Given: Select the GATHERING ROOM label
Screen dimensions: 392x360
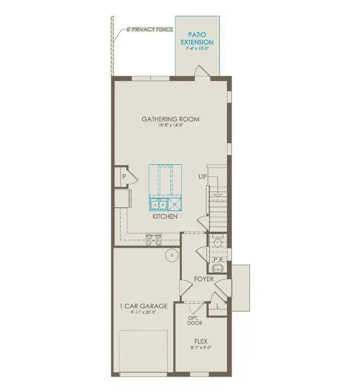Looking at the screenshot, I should pos(170,119).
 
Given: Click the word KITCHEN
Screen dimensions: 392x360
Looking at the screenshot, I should pos(165,216).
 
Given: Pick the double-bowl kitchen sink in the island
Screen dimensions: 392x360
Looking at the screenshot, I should pos(159,205).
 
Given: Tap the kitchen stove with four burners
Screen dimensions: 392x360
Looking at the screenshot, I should pos(153,240).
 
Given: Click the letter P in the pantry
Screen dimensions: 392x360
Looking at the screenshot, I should pos(124,177).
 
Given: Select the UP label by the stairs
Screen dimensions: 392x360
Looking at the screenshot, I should pos(203,177).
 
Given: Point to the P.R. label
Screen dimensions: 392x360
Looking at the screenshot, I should pos(219,259).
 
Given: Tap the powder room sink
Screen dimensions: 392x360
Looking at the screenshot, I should pos(220,268).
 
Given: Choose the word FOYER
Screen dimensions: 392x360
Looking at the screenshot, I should pos(203,279).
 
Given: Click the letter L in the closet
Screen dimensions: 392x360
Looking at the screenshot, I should pos(218,305).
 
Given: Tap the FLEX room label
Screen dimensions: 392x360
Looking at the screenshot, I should pos(201,341).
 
